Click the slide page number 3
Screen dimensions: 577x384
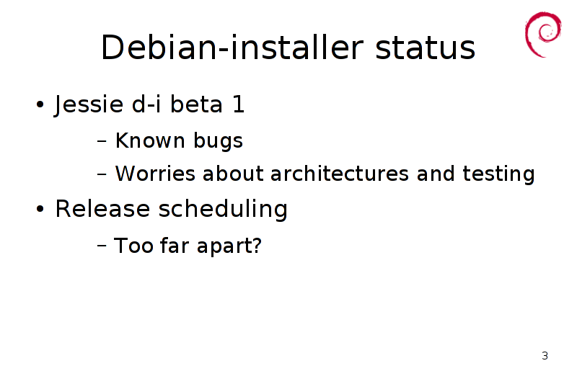pos(545,356)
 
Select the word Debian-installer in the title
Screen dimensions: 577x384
pos(232,48)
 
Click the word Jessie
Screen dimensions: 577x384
pos(89,104)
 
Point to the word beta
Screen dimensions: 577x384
pos(196,104)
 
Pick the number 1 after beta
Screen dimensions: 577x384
pos(239,104)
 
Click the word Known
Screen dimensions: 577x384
pos(150,140)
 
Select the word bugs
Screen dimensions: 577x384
pos(219,141)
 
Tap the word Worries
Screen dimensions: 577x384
pos(155,174)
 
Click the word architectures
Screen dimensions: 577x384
pos(339,174)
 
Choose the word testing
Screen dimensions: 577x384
pos(498,174)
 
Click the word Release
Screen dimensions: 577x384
pos(102,209)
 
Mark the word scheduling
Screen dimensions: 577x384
pos(223,210)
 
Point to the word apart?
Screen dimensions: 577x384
pos(229,246)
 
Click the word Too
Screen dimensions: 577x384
pos(133,245)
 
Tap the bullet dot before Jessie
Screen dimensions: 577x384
pos(40,104)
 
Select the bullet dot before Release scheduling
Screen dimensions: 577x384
pos(40,209)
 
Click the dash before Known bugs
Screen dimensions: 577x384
pos(102,140)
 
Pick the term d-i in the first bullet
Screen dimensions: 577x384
pos(146,104)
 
